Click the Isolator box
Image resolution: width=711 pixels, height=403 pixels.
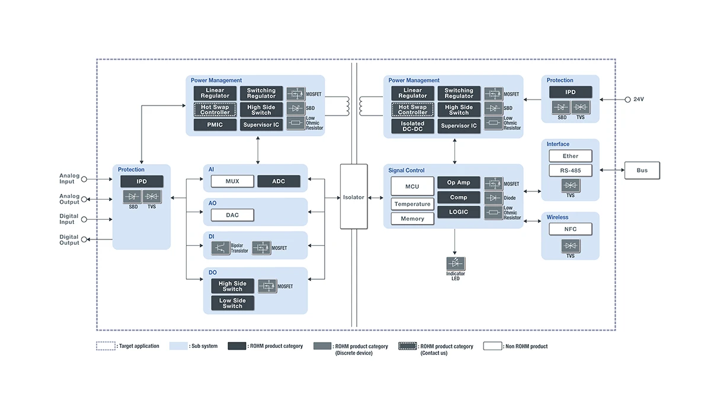(354, 197)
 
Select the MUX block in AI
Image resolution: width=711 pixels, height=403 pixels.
(232, 181)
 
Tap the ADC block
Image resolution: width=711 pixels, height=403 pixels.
(278, 181)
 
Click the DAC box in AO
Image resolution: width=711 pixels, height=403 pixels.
(232, 215)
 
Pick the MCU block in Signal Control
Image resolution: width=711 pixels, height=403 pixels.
(412, 186)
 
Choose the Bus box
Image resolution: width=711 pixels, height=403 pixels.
(642, 171)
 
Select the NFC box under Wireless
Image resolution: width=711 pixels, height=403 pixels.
(570, 229)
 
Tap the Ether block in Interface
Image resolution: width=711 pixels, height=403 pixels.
(570, 156)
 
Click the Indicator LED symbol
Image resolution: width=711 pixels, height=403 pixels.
(456, 263)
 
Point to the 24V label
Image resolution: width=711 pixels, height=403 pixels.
(638, 99)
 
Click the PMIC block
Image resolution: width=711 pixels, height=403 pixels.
(214, 125)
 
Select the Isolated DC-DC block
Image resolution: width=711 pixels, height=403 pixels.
(412, 126)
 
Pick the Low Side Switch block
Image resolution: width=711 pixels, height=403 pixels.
(232, 303)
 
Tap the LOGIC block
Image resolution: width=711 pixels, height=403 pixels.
(458, 212)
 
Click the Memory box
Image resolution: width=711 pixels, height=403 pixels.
(412, 219)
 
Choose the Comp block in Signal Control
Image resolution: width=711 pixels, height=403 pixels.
(458, 197)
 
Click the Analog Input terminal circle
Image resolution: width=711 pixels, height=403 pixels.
(84, 179)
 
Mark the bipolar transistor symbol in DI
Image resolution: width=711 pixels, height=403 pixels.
(220, 248)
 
